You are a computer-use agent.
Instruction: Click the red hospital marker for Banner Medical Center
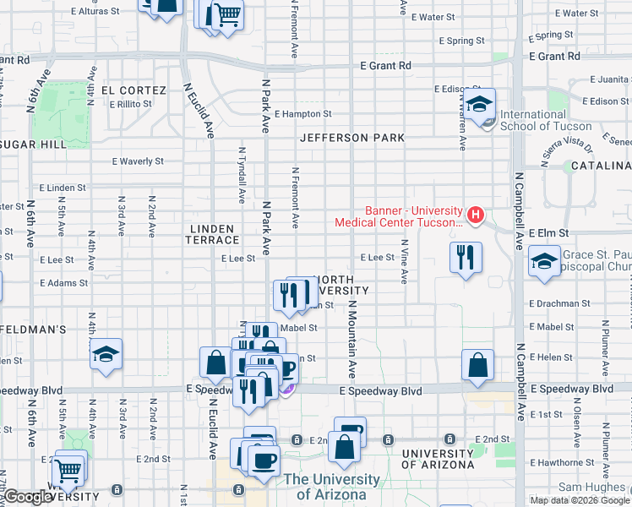click(x=476, y=215)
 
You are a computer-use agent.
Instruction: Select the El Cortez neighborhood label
click(x=133, y=90)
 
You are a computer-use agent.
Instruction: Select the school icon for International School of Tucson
click(x=480, y=106)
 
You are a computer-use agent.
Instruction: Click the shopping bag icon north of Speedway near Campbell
click(x=477, y=365)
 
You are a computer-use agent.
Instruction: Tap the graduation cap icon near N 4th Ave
click(x=106, y=354)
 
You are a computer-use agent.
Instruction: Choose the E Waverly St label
click(x=138, y=161)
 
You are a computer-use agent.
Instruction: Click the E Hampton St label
click(x=302, y=114)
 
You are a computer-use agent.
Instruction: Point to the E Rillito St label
click(x=130, y=104)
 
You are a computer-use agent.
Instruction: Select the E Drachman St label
click(x=559, y=303)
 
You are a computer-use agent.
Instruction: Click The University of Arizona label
click(x=331, y=487)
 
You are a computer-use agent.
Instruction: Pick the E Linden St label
click(x=63, y=188)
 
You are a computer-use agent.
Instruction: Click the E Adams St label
click(x=63, y=283)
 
